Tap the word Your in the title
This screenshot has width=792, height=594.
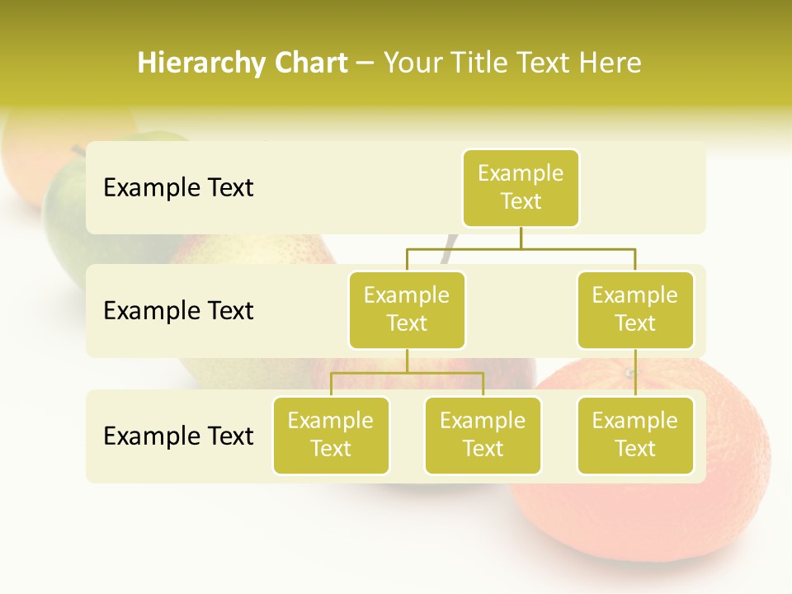(413, 64)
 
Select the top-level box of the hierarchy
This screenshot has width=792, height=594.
(521, 188)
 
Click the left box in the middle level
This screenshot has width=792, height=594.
(407, 310)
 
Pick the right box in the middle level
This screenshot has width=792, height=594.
(635, 310)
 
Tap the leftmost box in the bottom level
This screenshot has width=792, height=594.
(331, 436)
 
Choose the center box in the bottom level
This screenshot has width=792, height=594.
(483, 436)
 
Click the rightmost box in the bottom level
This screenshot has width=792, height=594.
(635, 436)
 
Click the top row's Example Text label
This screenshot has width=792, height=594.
(178, 188)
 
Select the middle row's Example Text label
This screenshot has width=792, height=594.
(178, 311)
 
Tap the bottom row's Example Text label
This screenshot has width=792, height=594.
(178, 436)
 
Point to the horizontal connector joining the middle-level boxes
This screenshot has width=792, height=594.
(521, 248)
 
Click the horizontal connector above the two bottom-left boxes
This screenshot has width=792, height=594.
(407, 373)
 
